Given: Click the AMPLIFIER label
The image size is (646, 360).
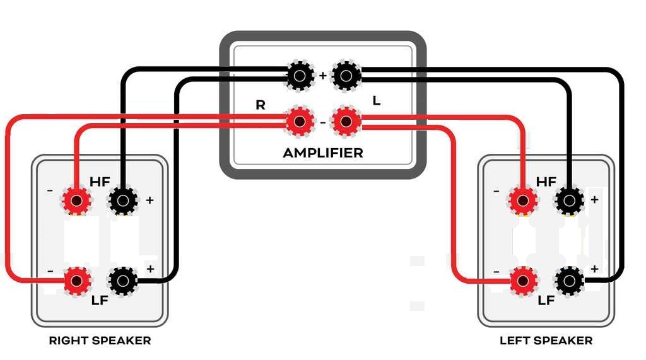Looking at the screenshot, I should [x=323, y=153].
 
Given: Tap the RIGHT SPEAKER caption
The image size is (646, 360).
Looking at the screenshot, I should [x=100, y=340].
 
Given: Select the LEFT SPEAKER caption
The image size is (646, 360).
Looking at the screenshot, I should [x=546, y=340].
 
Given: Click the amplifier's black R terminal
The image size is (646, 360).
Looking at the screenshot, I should [x=300, y=76].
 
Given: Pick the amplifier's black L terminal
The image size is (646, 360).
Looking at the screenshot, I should [x=346, y=76].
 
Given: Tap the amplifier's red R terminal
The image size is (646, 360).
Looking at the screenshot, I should [x=300, y=122].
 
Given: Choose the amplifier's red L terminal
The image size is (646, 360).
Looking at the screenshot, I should [x=346, y=122].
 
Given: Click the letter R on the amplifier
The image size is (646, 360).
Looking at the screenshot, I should [x=261, y=105].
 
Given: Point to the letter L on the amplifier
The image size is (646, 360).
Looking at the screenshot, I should [x=377, y=100].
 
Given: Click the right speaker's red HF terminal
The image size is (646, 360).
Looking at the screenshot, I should [x=77, y=201].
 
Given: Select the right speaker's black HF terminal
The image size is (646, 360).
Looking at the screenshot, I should [x=123, y=201].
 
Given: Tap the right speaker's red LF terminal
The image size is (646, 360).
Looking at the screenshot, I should [x=77, y=280].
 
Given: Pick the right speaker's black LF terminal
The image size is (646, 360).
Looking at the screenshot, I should [x=123, y=280].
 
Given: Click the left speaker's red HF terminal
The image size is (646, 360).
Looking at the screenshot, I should [x=523, y=201].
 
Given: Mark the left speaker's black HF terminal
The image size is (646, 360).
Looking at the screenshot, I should [x=569, y=201].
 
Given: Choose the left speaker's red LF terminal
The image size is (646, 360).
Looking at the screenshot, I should [x=523, y=280].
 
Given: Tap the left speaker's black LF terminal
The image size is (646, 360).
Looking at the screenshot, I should [x=569, y=280].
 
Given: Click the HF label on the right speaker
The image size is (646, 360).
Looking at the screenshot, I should [x=100, y=182].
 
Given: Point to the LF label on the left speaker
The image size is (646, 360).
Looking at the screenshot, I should [x=546, y=300].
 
